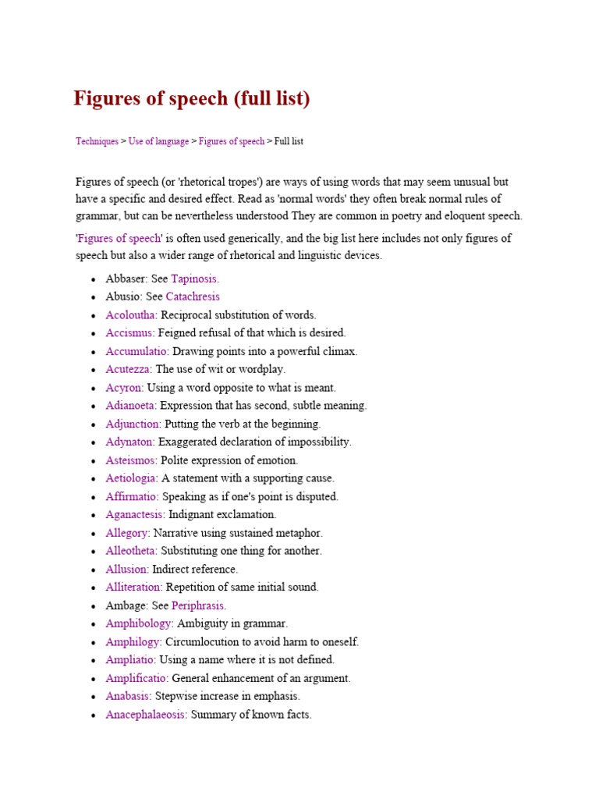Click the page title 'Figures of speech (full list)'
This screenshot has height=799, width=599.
pyautogui.click(x=192, y=99)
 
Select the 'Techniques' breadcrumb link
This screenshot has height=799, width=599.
pyautogui.click(x=97, y=141)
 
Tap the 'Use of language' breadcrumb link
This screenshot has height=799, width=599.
pyautogui.click(x=158, y=141)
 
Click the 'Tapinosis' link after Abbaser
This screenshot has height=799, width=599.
pyautogui.click(x=194, y=278)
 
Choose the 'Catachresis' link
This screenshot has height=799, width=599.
pyautogui.click(x=193, y=297)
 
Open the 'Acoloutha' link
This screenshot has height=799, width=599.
pyautogui.click(x=131, y=314)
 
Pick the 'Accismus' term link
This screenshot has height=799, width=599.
pyautogui.click(x=130, y=332)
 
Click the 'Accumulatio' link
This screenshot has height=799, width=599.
pyautogui.click(x=137, y=351)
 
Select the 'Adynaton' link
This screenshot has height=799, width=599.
pyautogui.click(x=130, y=442)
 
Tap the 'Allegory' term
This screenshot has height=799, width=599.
pyautogui.click(x=127, y=533)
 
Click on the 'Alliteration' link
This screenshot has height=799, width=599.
pyautogui.click(x=134, y=587)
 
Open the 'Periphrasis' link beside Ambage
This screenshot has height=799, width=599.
pyautogui.click(x=198, y=605)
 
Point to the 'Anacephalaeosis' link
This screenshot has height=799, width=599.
pyautogui.click(x=146, y=714)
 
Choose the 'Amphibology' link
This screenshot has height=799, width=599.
pyautogui.click(x=139, y=623)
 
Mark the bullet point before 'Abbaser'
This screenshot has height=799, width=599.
pyautogui.click(x=94, y=279)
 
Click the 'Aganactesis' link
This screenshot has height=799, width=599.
pyautogui.click(x=135, y=514)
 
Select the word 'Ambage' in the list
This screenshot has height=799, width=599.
pyautogui.click(x=124, y=605)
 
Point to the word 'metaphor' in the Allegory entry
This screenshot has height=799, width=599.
pyautogui.click(x=300, y=533)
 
